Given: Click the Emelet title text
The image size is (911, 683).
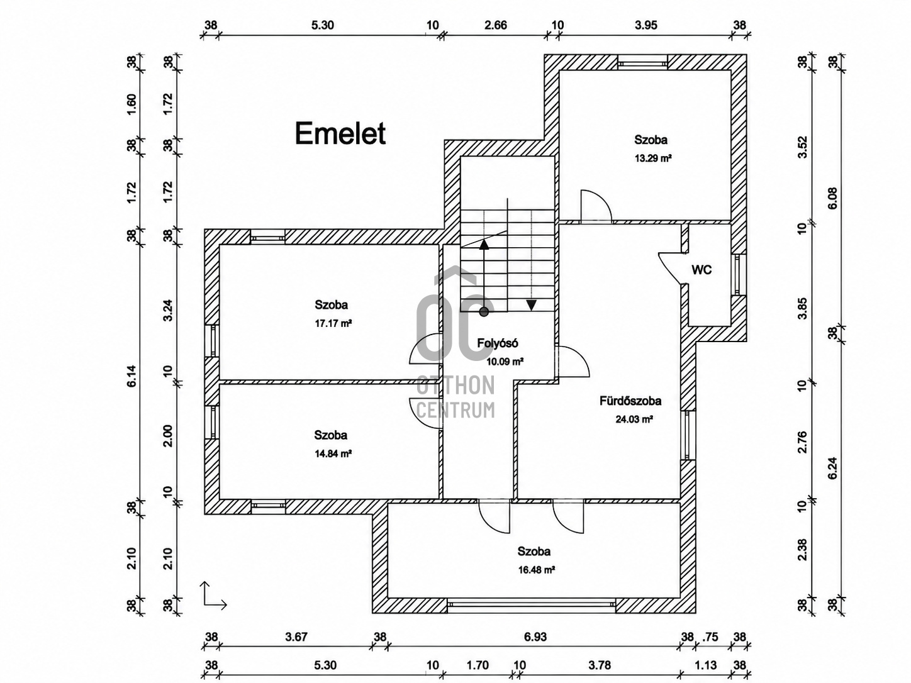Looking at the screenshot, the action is pyautogui.click(x=340, y=133).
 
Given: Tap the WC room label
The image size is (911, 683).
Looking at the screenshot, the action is pyautogui.click(x=701, y=270).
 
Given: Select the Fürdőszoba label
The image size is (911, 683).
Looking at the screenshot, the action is pyautogui.click(x=630, y=401).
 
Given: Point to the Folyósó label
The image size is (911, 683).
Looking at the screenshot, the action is pyautogui.click(x=497, y=343).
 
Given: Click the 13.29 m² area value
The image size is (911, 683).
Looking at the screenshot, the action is pyautogui.click(x=653, y=158).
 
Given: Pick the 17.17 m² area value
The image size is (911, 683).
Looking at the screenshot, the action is pyautogui.click(x=333, y=323).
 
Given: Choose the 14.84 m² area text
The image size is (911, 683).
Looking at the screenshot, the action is pyautogui.click(x=333, y=453).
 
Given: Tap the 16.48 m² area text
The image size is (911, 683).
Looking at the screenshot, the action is pyautogui.click(x=537, y=569).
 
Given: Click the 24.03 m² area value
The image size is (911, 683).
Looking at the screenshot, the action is pyautogui.click(x=634, y=419).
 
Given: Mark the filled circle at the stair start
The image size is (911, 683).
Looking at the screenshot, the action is pyautogui.click(x=484, y=312).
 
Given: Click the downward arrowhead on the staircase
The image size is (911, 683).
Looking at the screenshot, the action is pyautogui.click(x=531, y=305).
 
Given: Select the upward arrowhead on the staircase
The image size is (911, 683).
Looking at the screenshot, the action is pyautogui.click(x=484, y=244).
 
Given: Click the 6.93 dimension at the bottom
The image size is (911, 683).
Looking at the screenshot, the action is pyautogui.click(x=535, y=636).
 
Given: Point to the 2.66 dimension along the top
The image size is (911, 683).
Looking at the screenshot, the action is pyautogui.click(x=496, y=25).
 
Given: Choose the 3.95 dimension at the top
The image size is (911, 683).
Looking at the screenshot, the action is pyautogui.click(x=646, y=25).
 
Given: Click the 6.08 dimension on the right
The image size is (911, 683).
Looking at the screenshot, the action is pyautogui.click(x=832, y=198).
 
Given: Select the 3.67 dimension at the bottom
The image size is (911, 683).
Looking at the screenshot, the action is pyautogui.click(x=296, y=636).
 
